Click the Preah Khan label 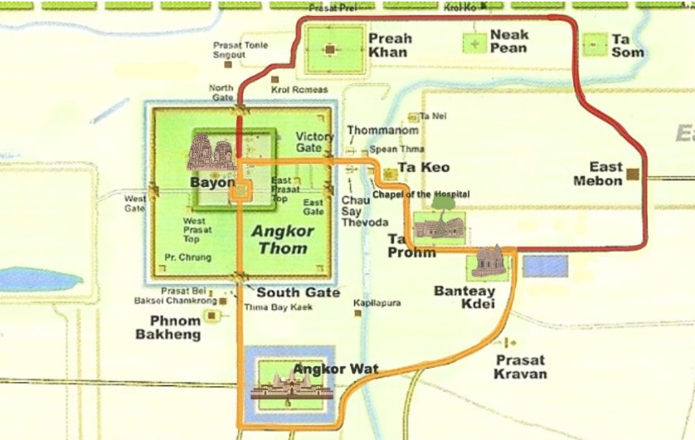[x=390, y=45]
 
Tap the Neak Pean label [x=510, y=41]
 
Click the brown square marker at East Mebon [x=632, y=173]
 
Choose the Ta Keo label [x=423, y=167]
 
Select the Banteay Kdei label [x=464, y=297]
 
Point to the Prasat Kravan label [x=521, y=366]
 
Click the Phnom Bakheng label [x=175, y=327]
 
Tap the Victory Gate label [x=315, y=142]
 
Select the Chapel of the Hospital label [x=421, y=194]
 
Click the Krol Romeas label [x=299, y=90]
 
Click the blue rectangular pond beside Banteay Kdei [x=545, y=266]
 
